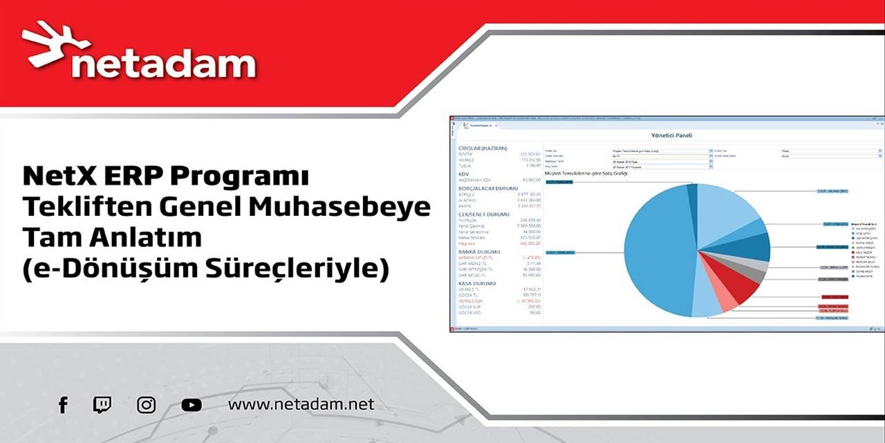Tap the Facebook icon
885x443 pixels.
pyautogui.click(x=63, y=405)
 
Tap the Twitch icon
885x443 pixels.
pyautogui.click(x=102, y=405)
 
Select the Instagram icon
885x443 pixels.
pyautogui.click(x=146, y=405)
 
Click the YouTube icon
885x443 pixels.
pyautogui.click(x=192, y=405)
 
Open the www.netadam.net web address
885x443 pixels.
pyautogui.click(x=301, y=404)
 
